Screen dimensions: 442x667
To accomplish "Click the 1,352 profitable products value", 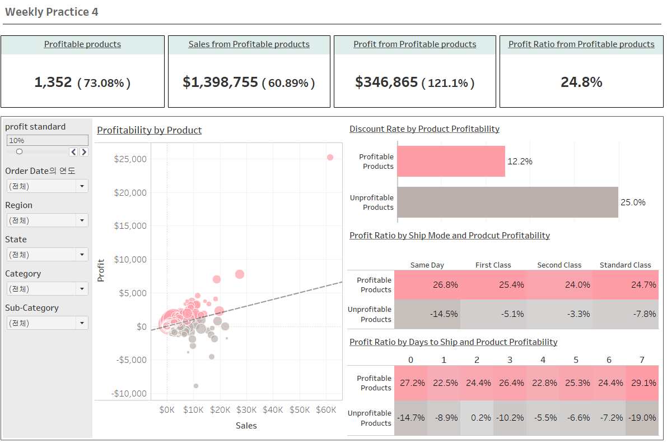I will [x=53, y=82].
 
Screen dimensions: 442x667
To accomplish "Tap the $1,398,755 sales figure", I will [x=220, y=82].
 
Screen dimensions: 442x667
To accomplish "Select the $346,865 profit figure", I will [x=386, y=82].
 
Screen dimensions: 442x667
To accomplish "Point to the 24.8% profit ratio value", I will [x=581, y=82].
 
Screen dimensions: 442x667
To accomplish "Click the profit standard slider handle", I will [x=20, y=151].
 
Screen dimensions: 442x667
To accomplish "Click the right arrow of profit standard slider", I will [x=84, y=152].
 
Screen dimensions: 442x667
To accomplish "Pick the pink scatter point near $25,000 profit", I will [x=330, y=158].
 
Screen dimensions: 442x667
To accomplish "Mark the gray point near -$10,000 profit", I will [x=196, y=386].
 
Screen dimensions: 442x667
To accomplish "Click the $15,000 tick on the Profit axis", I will [x=130, y=226].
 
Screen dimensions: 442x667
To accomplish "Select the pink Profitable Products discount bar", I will [x=451, y=162].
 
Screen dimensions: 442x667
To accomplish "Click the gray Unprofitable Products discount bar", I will [x=507, y=202].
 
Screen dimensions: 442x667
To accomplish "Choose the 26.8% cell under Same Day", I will [x=427, y=285].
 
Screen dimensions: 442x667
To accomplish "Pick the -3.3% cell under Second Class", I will [x=559, y=314].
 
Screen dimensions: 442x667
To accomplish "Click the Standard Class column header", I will [x=625, y=265].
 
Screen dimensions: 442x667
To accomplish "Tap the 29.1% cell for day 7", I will [x=642, y=383].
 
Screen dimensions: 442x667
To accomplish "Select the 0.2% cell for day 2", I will [x=477, y=418].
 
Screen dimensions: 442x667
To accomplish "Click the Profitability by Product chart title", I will [x=150, y=130].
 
